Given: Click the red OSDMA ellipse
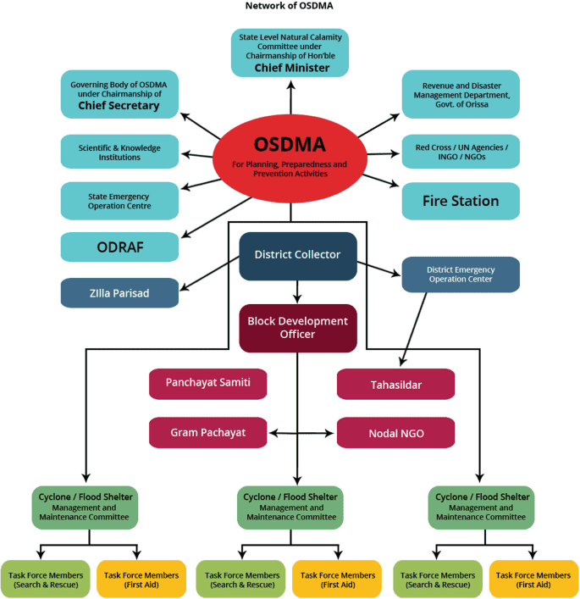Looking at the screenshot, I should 290,156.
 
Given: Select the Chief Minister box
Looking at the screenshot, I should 290,52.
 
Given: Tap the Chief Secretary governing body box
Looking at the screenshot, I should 119,93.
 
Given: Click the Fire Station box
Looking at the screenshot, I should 460,201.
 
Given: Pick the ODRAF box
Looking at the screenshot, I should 119,247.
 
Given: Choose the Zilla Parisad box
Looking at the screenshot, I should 119,292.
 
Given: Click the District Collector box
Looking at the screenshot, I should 297,255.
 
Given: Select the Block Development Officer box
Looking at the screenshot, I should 297,328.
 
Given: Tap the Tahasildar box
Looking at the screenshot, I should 395,384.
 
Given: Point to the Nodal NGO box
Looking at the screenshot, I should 395,432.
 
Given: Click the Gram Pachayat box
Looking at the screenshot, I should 207,432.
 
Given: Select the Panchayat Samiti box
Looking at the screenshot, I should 207,383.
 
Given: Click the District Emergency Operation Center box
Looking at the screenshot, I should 460,275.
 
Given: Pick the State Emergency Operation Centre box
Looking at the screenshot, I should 119,201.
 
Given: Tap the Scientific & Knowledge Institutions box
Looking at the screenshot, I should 119,152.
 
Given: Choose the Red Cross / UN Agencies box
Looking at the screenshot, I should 460,152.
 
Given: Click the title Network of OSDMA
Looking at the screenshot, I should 289,6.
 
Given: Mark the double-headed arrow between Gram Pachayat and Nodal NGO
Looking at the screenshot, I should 302,433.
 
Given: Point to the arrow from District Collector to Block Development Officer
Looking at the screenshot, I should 297,291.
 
